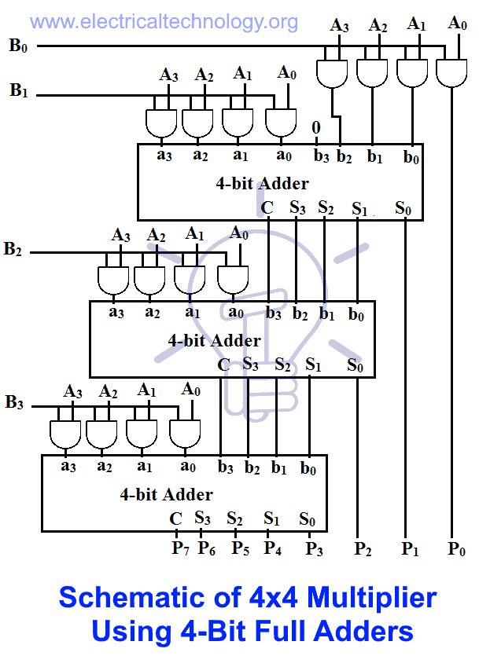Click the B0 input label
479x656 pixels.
click(x=18, y=45)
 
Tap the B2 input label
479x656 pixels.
click(x=13, y=250)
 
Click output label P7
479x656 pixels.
click(x=181, y=548)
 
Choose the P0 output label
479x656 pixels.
click(x=457, y=548)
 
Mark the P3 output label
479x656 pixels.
click(x=315, y=548)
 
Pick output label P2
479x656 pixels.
click(x=363, y=548)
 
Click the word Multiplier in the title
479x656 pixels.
click(x=372, y=598)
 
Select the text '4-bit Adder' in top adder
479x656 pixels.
click(x=262, y=184)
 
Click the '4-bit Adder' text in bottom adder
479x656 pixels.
click(x=166, y=495)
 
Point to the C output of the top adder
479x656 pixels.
click(x=267, y=208)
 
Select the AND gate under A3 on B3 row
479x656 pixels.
click(x=65, y=434)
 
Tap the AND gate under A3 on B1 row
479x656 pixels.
click(x=161, y=123)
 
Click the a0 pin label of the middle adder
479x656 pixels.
click(x=235, y=313)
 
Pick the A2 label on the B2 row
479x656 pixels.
click(x=157, y=236)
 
